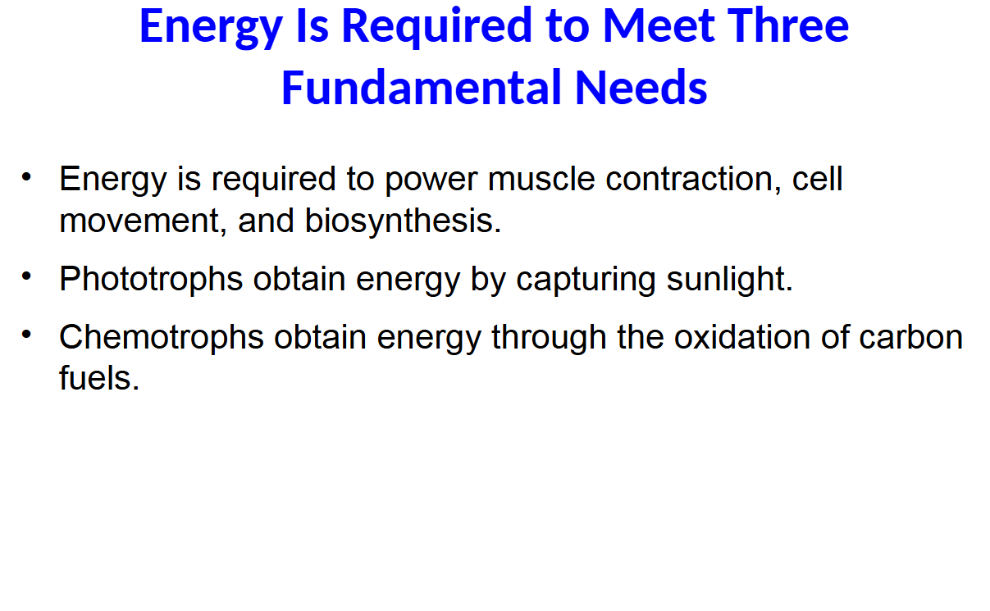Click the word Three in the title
(788, 25)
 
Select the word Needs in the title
(641, 88)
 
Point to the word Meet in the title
(659, 25)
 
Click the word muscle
(541, 179)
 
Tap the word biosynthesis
(403, 221)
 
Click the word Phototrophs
(151, 280)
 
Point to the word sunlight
(730, 280)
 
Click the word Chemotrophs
(162, 337)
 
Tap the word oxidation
(742, 336)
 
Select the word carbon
(911, 336)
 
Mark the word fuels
(99, 378)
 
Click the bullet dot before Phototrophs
(26, 276)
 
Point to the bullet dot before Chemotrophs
(26, 334)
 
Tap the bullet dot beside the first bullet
(26, 176)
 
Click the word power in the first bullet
(431, 181)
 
